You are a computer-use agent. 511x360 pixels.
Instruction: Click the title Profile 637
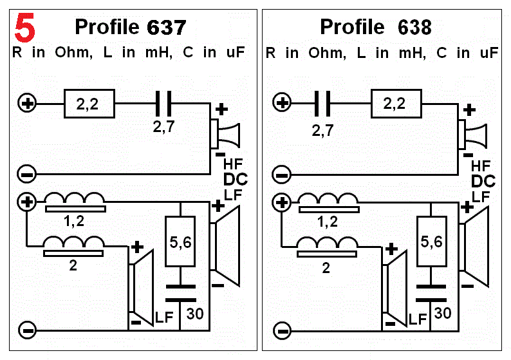[x=131, y=27]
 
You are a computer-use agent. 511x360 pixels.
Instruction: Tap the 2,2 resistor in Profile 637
[x=89, y=102]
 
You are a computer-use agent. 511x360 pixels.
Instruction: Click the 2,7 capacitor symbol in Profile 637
[x=164, y=102]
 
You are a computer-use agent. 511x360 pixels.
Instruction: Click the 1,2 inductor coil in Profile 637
[x=75, y=201]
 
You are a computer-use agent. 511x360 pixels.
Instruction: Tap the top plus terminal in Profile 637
[x=27, y=102]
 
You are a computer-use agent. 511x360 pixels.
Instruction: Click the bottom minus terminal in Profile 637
[x=27, y=330]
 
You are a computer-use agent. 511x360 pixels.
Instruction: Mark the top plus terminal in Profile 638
[x=281, y=102]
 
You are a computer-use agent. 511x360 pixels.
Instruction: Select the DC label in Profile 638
[x=483, y=181]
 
